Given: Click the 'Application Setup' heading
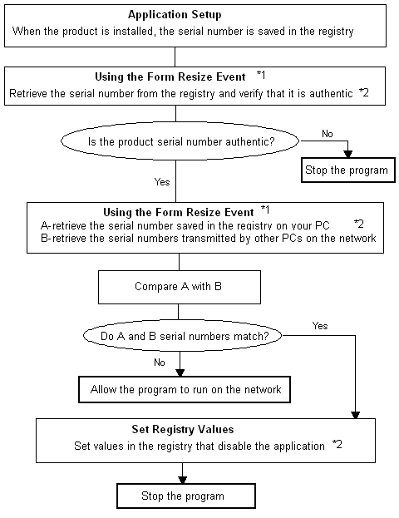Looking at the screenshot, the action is (x=175, y=15).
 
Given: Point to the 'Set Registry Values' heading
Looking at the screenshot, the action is (x=183, y=430).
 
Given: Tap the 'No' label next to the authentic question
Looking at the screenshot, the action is (x=328, y=134).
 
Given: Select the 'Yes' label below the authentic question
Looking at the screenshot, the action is (x=162, y=182).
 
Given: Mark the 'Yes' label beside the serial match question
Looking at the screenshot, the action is (x=320, y=326).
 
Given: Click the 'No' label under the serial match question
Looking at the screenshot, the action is (x=160, y=363).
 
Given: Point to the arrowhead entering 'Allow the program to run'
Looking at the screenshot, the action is (x=180, y=372).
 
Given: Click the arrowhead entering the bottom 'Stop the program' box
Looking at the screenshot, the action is (x=182, y=480).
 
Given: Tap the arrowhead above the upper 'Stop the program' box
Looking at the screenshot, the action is (x=347, y=154).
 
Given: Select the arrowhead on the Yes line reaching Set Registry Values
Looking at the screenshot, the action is (x=356, y=415).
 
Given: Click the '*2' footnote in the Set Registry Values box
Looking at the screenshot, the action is (x=337, y=444).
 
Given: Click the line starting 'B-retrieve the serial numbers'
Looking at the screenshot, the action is (x=209, y=238).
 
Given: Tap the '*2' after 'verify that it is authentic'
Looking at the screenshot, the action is (x=363, y=92).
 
